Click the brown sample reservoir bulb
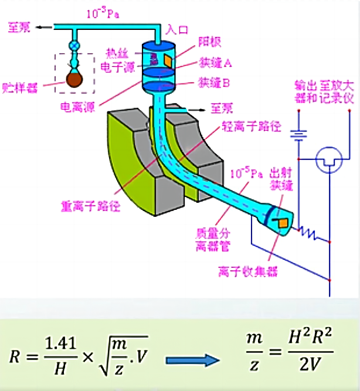(75, 79)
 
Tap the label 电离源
(80, 106)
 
